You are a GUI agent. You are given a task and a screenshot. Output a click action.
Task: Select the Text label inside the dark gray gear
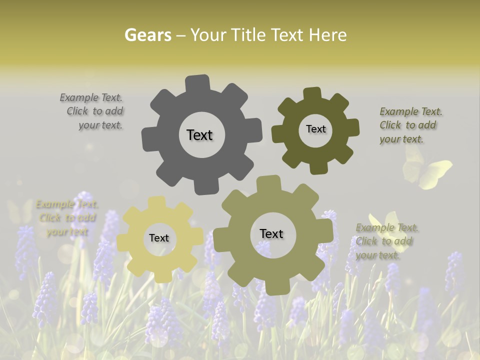(199, 135)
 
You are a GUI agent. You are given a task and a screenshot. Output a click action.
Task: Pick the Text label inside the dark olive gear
(315, 129)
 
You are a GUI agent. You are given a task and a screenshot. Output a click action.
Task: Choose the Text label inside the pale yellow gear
(159, 238)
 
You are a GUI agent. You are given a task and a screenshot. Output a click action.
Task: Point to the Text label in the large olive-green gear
(271, 233)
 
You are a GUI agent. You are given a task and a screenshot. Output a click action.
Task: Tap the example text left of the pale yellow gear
(67, 217)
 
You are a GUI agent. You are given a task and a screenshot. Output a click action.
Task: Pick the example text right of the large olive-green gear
(386, 241)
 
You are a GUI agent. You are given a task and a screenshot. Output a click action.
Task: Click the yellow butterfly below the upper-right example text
(430, 172)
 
